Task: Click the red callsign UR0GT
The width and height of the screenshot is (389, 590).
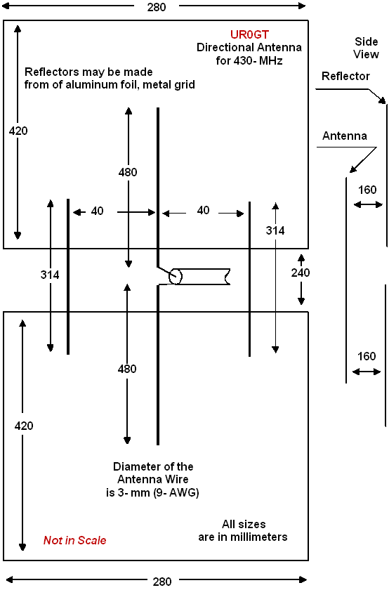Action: [x=249, y=34]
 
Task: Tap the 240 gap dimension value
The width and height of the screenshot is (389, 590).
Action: [x=301, y=273]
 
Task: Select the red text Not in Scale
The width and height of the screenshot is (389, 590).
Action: [x=75, y=540]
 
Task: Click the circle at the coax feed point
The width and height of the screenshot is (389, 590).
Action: [x=176, y=277]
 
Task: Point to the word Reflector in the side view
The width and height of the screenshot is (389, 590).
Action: [x=345, y=76]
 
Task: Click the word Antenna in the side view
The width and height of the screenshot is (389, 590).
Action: [x=345, y=136]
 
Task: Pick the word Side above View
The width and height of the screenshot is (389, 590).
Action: [x=366, y=41]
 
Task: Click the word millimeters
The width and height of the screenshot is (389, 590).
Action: [x=258, y=537]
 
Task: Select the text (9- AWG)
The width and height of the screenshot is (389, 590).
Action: [x=176, y=492]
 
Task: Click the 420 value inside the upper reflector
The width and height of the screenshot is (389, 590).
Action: [x=18, y=131]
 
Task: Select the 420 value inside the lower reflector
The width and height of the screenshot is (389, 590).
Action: [x=24, y=426]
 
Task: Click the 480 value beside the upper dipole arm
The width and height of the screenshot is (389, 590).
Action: [x=128, y=172]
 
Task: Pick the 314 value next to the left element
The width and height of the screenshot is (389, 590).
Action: [x=50, y=275]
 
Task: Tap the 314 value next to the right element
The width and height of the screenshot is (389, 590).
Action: [x=275, y=230]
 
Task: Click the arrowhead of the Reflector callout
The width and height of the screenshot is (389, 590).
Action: [x=383, y=100]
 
